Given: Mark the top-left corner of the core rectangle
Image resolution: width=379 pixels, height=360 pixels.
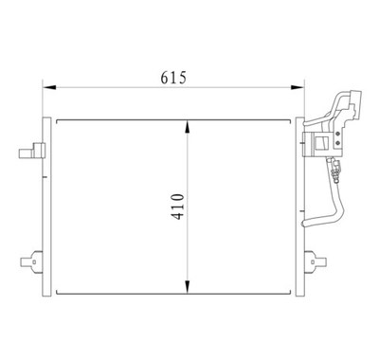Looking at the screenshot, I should [59, 119].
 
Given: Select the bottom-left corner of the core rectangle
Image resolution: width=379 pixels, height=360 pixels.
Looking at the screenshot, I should [59, 291].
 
